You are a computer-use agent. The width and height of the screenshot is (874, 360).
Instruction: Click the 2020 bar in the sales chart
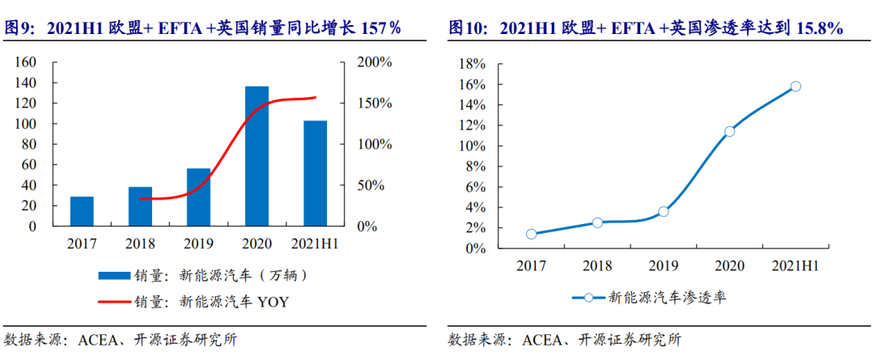[257, 155]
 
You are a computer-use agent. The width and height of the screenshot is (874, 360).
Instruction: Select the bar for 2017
[82, 211]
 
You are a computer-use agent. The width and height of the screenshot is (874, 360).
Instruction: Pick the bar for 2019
[198, 197]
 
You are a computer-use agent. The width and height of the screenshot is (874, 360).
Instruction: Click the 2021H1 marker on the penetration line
[796, 86]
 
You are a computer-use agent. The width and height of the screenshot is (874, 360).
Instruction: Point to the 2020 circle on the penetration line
[729, 131]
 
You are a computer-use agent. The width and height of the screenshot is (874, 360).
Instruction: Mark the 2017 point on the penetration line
[531, 234]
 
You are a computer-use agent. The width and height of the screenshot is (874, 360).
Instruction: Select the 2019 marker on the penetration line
[664, 212]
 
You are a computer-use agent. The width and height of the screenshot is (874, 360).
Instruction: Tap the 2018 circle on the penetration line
[597, 222]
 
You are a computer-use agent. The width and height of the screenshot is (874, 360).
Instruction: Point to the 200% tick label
[374, 62]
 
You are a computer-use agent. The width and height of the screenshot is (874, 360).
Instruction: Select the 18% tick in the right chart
[472, 64]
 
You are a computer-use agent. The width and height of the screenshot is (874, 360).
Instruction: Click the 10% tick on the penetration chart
[472, 146]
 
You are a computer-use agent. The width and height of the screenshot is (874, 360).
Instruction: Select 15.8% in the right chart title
[820, 29]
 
